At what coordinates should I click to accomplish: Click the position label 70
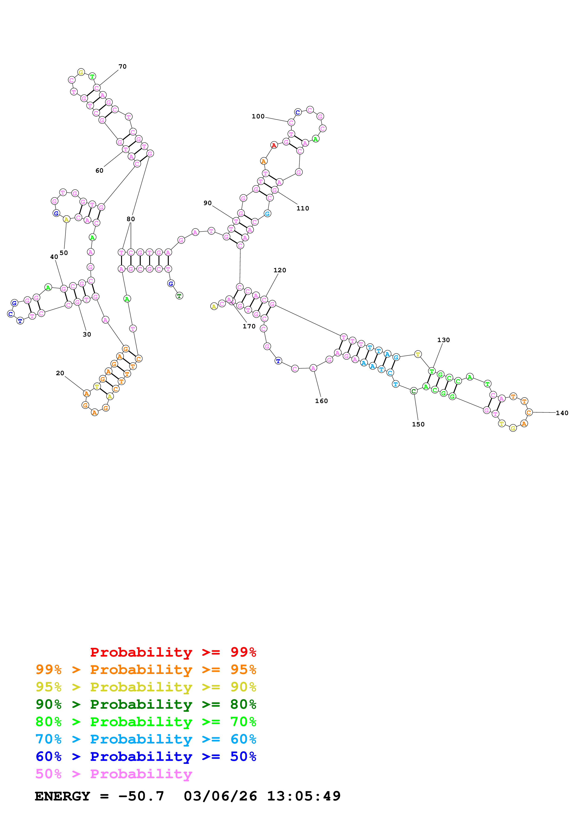coord(122,67)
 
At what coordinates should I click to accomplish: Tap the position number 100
coord(258,117)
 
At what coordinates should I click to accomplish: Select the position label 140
coord(562,413)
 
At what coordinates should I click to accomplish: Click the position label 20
coord(60,373)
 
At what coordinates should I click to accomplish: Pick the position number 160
coord(321,401)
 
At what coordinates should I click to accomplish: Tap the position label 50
coord(64,253)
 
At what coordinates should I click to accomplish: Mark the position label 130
coord(443,340)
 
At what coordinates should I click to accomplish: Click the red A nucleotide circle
coord(274,145)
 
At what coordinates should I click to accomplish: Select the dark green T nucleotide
coord(179,296)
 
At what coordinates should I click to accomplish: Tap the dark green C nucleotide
coord(413,391)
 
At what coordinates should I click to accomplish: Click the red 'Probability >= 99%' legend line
coord(173,652)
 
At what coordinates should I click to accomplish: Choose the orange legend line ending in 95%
coord(146,670)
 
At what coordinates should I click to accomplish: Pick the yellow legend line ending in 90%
coord(146,687)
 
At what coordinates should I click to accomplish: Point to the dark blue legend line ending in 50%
coord(146,756)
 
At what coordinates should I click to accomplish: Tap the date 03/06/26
coord(220,796)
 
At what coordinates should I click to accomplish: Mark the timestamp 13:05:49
coord(304,796)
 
